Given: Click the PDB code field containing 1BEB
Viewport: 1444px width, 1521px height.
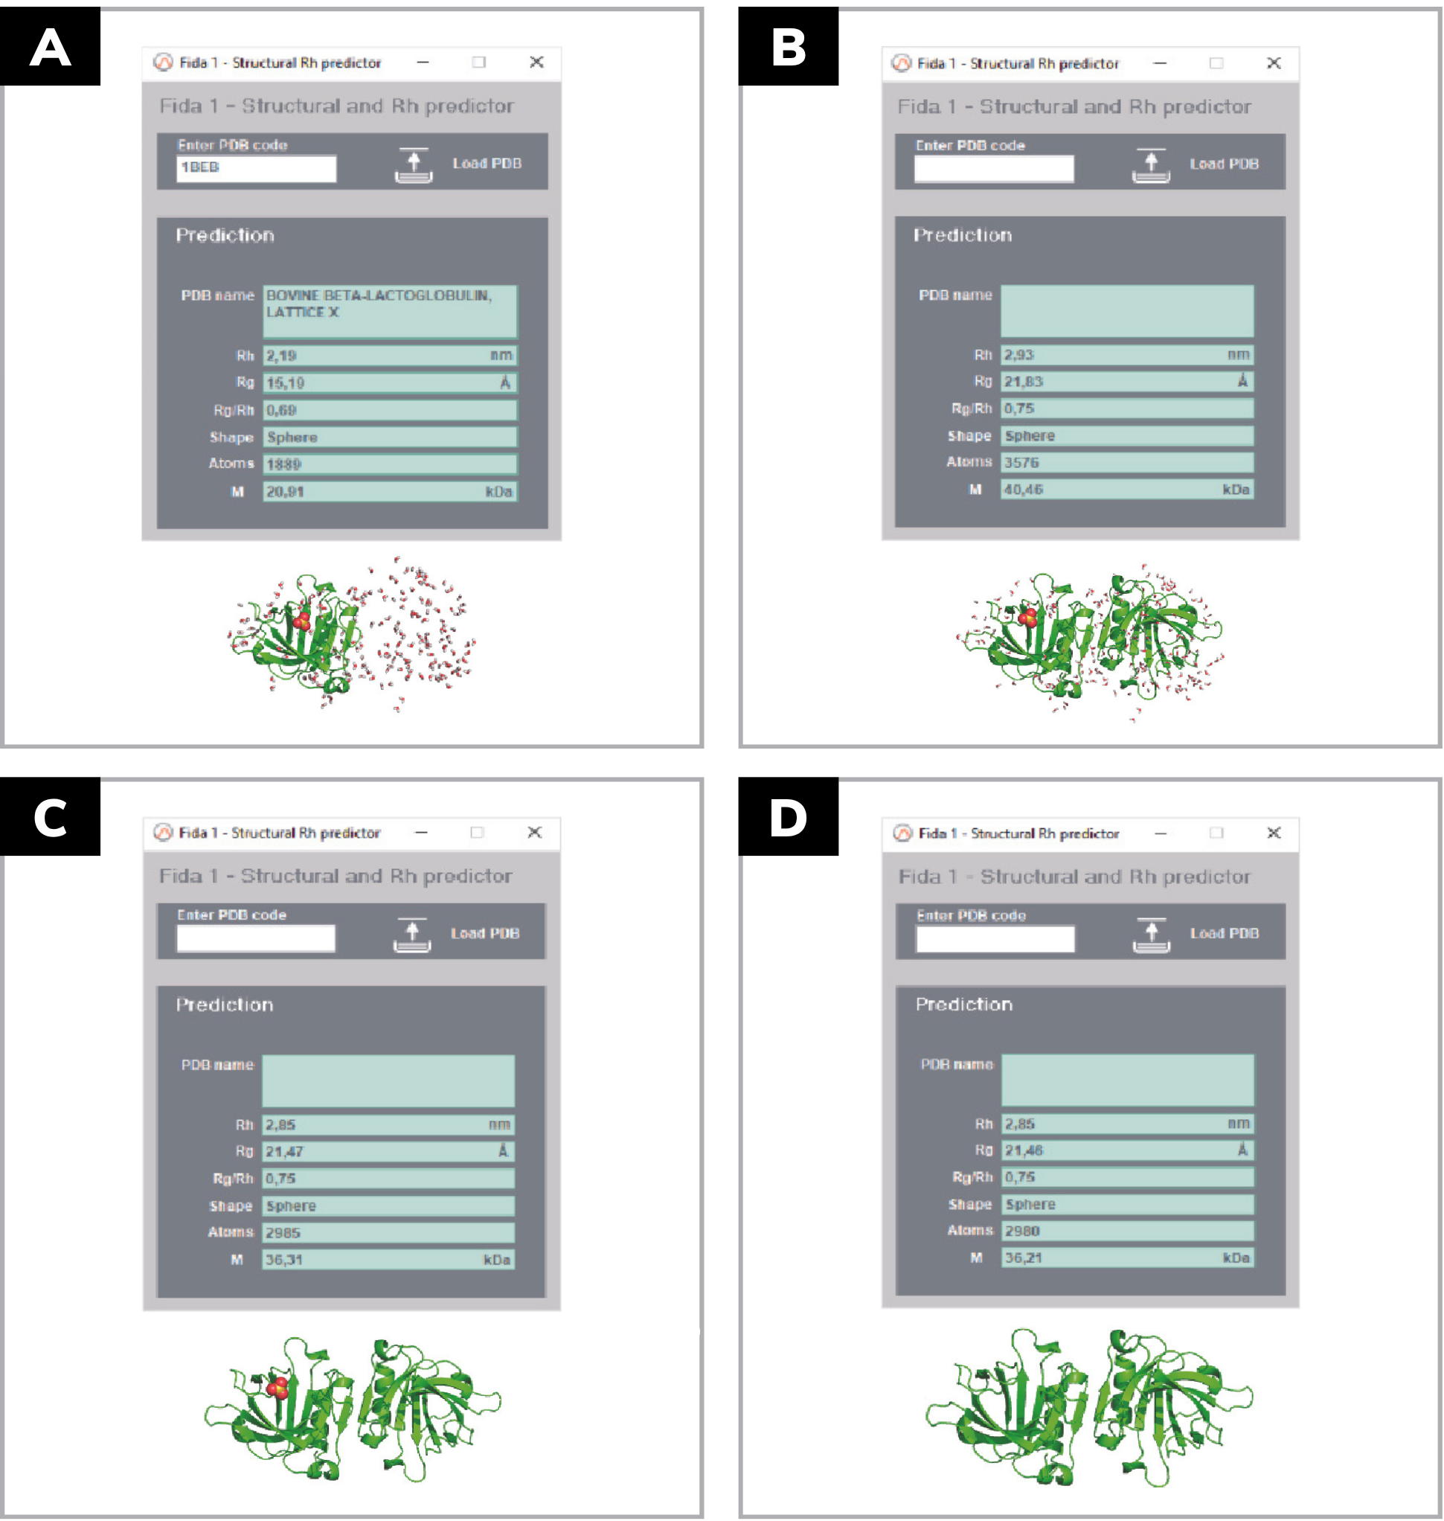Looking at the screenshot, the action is [256, 169].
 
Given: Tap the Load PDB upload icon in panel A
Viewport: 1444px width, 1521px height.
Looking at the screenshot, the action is [414, 164].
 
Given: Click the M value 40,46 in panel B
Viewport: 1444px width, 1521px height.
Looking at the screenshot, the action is [1023, 490].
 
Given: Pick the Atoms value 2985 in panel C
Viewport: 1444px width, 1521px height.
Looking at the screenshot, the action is [283, 1232].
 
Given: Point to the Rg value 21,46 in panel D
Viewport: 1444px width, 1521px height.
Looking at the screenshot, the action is [1023, 1150].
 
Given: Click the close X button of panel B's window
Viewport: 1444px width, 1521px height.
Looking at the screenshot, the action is [1274, 63].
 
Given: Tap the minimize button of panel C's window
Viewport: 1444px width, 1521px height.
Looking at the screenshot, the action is [421, 832].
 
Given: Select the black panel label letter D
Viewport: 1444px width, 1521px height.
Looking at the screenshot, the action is [788, 818].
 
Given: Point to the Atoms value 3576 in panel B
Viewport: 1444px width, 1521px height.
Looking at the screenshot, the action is [1021, 463].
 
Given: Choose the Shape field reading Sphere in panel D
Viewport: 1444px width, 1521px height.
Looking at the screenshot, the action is [1127, 1204].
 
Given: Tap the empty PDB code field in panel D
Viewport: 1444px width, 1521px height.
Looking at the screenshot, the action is [995, 939].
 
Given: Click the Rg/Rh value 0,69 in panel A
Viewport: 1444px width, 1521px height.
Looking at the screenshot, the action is [281, 410].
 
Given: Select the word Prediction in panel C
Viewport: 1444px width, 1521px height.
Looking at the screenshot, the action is [224, 1005].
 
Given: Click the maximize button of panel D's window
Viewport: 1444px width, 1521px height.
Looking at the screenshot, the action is [1216, 833].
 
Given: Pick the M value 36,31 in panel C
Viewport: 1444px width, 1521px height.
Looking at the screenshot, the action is [283, 1260].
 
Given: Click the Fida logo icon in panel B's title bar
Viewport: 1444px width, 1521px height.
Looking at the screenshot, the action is [901, 63].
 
